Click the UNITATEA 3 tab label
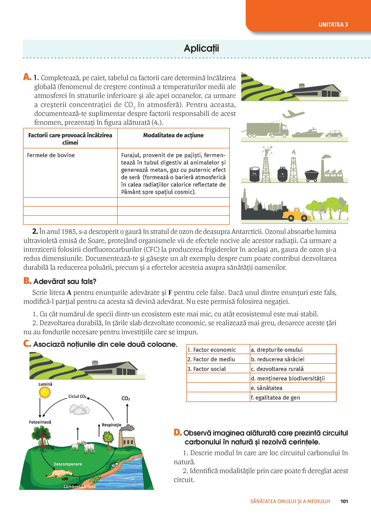[x=333, y=25]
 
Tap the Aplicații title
[x=201, y=48]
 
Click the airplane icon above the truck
[x=293, y=114]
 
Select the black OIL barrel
[x=255, y=174]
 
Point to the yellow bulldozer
[x=296, y=214]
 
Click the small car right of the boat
[x=334, y=134]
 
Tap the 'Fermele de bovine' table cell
[x=51, y=155]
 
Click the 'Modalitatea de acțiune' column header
[x=173, y=135]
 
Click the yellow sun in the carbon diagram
[x=45, y=392]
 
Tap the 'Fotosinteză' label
[x=40, y=422]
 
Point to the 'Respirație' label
[x=112, y=425]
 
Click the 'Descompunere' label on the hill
[x=68, y=464]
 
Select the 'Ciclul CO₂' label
[x=77, y=396]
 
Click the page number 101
[x=344, y=501]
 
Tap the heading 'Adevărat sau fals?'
[x=65, y=281]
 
